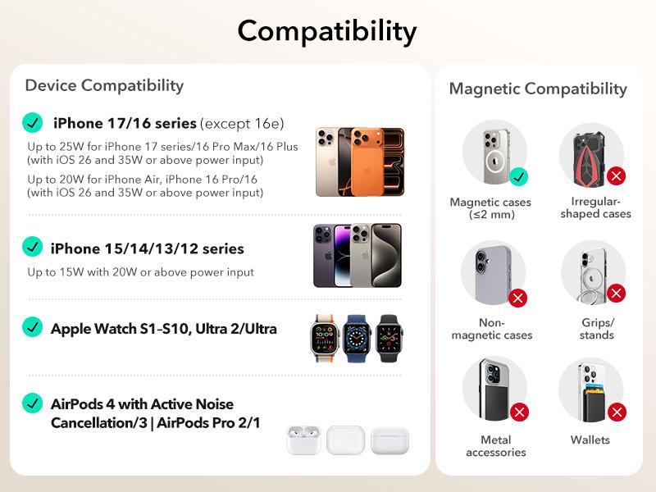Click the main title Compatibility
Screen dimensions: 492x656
click(327, 31)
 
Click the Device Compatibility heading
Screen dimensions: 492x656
click(104, 85)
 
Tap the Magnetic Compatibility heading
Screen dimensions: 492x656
click(537, 89)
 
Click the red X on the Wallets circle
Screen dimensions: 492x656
click(617, 412)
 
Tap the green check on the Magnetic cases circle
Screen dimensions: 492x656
click(518, 175)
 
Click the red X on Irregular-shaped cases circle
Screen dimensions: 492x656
click(616, 175)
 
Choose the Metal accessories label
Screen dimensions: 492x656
click(495, 446)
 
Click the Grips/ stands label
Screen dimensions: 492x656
click(596, 329)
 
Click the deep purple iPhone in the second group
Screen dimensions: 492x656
click(331, 254)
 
